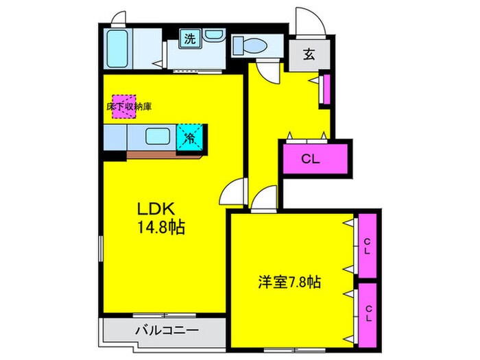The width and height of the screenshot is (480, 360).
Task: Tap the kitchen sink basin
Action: click(158, 136)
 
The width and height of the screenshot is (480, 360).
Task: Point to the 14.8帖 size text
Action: click(162, 228)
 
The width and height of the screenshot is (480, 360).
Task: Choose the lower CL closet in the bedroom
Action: click(368, 313)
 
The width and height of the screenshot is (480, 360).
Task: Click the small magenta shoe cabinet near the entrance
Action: click(326, 89)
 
